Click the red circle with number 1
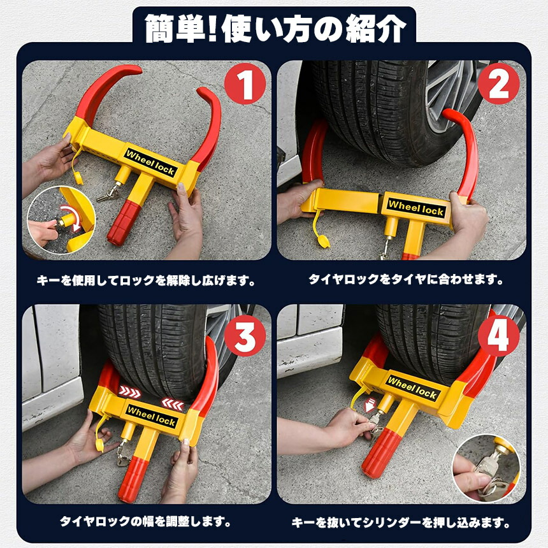click(x=245, y=84)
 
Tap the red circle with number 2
click(x=498, y=84)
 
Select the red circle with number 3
click(x=245, y=336)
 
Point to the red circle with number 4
click(x=498, y=336)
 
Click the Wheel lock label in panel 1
click(x=150, y=162)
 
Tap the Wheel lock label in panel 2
click(x=416, y=208)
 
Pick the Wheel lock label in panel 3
click(x=151, y=416)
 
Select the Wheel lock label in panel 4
click(x=412, y=387)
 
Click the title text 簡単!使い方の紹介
click(x=275, y=28)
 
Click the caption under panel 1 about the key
click(x=146, y=280)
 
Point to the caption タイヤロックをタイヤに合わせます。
click(x=406, y=279)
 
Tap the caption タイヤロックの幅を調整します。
click(x=145, y=521)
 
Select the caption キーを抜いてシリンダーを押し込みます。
click(x=401, y=523)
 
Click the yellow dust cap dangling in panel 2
click(x=323, y=241)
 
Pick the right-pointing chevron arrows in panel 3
click(x=129, y=392)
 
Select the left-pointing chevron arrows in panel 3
click(x=173, y=405)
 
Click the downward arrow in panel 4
click(x=370, y=405)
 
